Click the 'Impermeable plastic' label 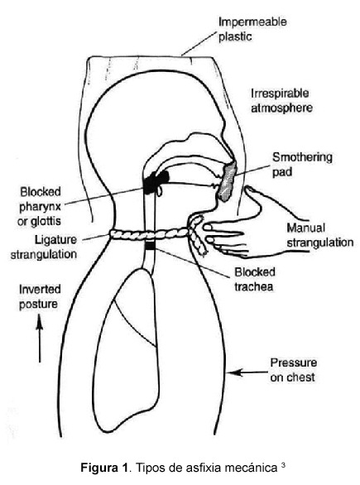[x=252, y=29]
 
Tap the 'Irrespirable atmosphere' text [x=281, y=100]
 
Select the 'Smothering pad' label [x=302, y=164]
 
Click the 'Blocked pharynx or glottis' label [x=40, y=206]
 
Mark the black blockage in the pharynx [x=156, y=181]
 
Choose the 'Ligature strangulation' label [x=44, y=247]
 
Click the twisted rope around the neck [x=158, y=235]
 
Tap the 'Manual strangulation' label [x=319, y=235]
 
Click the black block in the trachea [x=150, y=246]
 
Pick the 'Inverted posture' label [x=40, y=296]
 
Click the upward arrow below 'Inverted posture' [x=40, y=339]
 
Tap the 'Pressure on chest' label [x=293, y=370]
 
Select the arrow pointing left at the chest [x=247, y=372]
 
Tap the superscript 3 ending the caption [x=283, y=464]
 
